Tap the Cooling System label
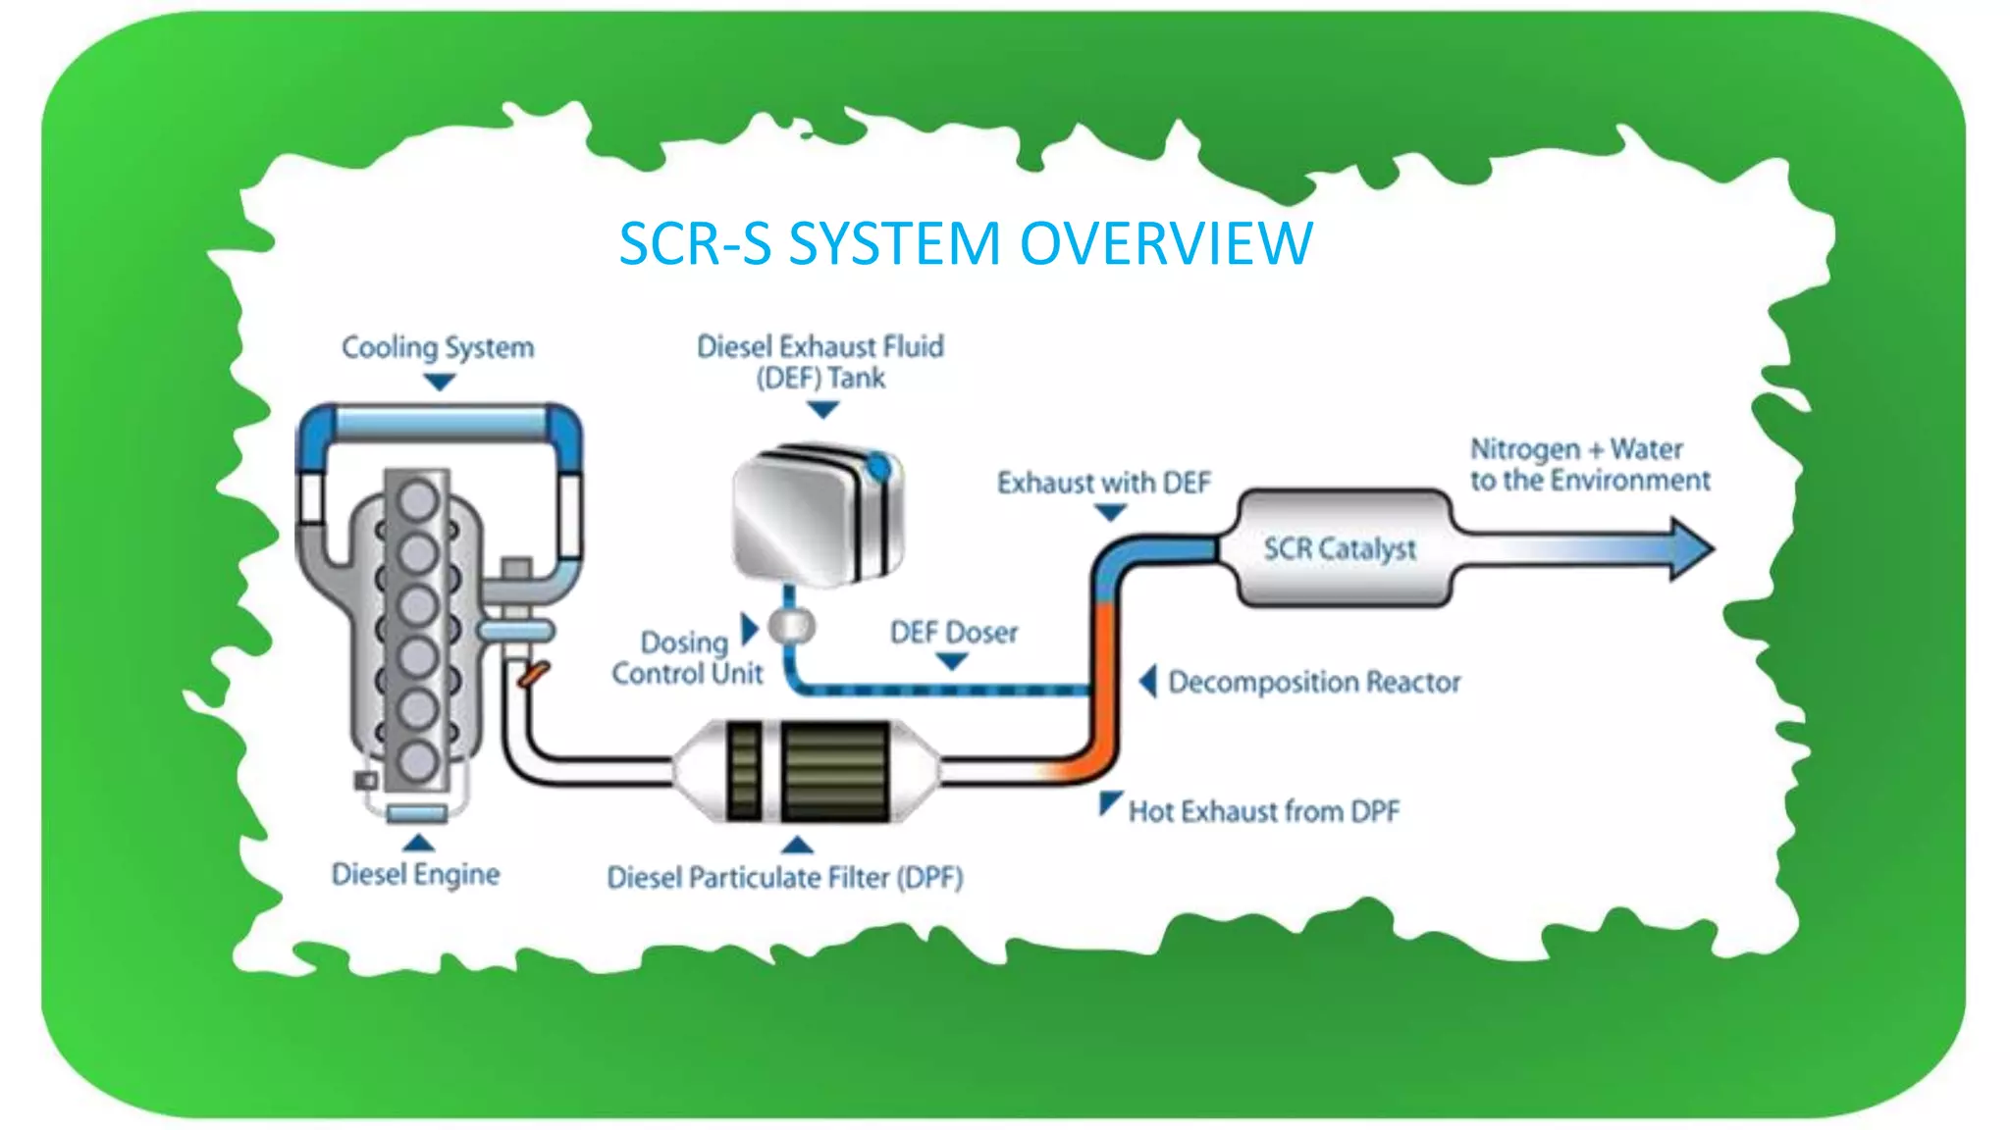click(438, 347)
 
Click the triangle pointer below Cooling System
click(439, 383)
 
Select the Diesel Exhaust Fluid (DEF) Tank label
click(820, 362)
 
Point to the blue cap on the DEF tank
click(879, 467)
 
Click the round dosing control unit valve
click(791, 625)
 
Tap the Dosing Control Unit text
click(686, 657)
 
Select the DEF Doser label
click(953, 633)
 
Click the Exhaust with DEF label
click(1104, 483)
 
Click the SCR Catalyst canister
click(1341, 548)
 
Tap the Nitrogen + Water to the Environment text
click(1589, 465)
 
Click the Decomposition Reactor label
click(1314, 682)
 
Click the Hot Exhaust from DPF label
click(1263, 811)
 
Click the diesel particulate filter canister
click(807, 771)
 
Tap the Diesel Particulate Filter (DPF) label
click(784, 877)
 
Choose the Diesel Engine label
click(415, 874)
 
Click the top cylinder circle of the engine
click(417, 498)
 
